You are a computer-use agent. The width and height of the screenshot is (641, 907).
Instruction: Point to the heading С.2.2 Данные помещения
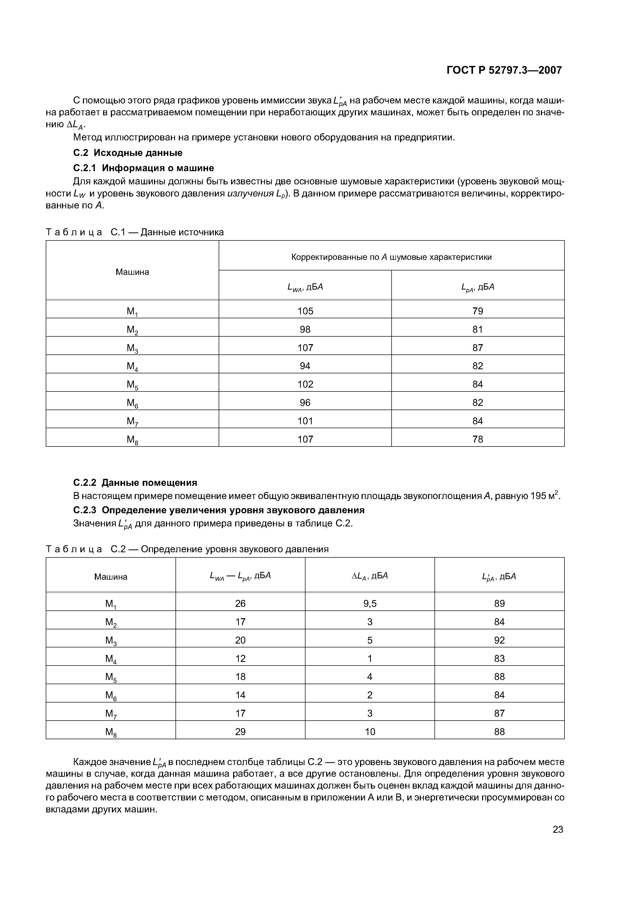click(x=135, y=483)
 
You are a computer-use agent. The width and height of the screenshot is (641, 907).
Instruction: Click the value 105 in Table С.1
click(x=305, y=311)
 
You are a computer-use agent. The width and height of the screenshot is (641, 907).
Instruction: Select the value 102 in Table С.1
click(x=305, y=384)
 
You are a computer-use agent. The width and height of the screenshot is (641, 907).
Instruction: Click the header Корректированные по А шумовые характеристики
click(x=391, y=257)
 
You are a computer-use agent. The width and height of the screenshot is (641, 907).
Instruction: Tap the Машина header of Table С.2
click(x=111, y=577)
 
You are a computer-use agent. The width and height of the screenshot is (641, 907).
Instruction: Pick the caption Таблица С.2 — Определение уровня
click(x=187, y=549)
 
